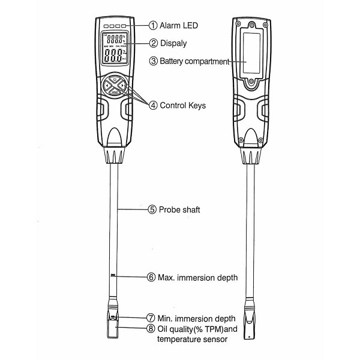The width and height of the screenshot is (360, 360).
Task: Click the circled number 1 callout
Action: pyautogui.click(x=153, y=26)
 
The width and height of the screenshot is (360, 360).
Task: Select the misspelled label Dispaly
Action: pyautogui.click(x=175, y=43)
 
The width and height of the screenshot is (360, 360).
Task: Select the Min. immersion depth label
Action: pyautogui.click(x=195, y=317)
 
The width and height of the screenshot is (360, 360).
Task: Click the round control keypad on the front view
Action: pyautogui.click(x=115, y=85)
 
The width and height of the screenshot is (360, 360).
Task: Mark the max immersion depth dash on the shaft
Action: pyautogui.click(x=113, y=276)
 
